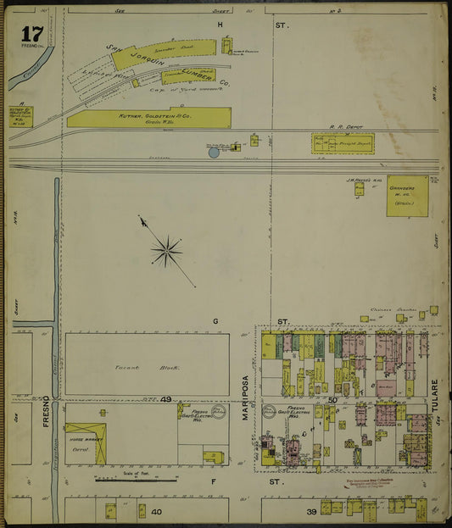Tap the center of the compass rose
pos(167,250)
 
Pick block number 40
pos(156,512)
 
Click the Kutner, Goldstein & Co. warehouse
pos(149,117)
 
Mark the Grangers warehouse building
pos(407,196)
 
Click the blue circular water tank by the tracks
pos(213,152)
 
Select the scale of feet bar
pos(136,480)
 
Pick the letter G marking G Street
pos(216,321)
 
